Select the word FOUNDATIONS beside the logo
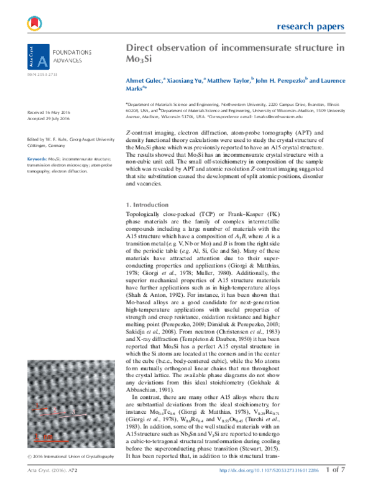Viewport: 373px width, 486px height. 71,54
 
